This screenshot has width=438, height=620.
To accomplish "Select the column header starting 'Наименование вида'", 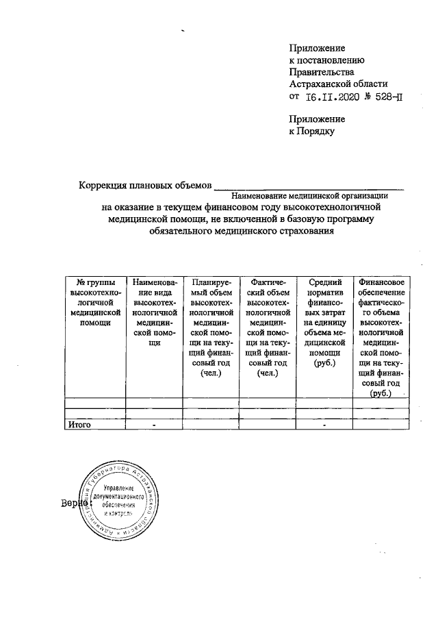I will click(x=154, y=312).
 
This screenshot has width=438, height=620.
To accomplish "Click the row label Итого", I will click(x=79, y=425).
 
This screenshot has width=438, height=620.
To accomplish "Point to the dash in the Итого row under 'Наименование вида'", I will click(x=155, y=425).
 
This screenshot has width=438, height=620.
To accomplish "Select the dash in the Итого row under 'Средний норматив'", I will click(x=324, y=425).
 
